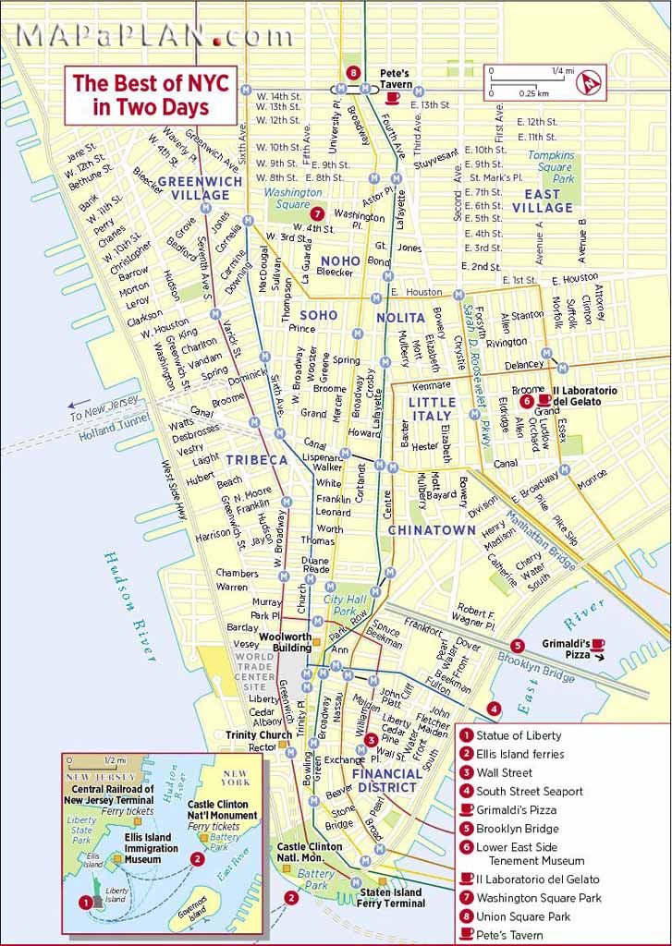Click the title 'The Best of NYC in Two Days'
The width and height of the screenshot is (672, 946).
141,94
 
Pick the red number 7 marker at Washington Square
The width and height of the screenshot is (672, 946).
317,212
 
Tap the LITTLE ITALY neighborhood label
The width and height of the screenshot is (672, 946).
432,409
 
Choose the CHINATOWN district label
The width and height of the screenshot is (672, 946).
431,530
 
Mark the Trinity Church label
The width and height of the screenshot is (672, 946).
259,735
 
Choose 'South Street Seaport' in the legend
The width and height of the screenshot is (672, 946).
530,791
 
